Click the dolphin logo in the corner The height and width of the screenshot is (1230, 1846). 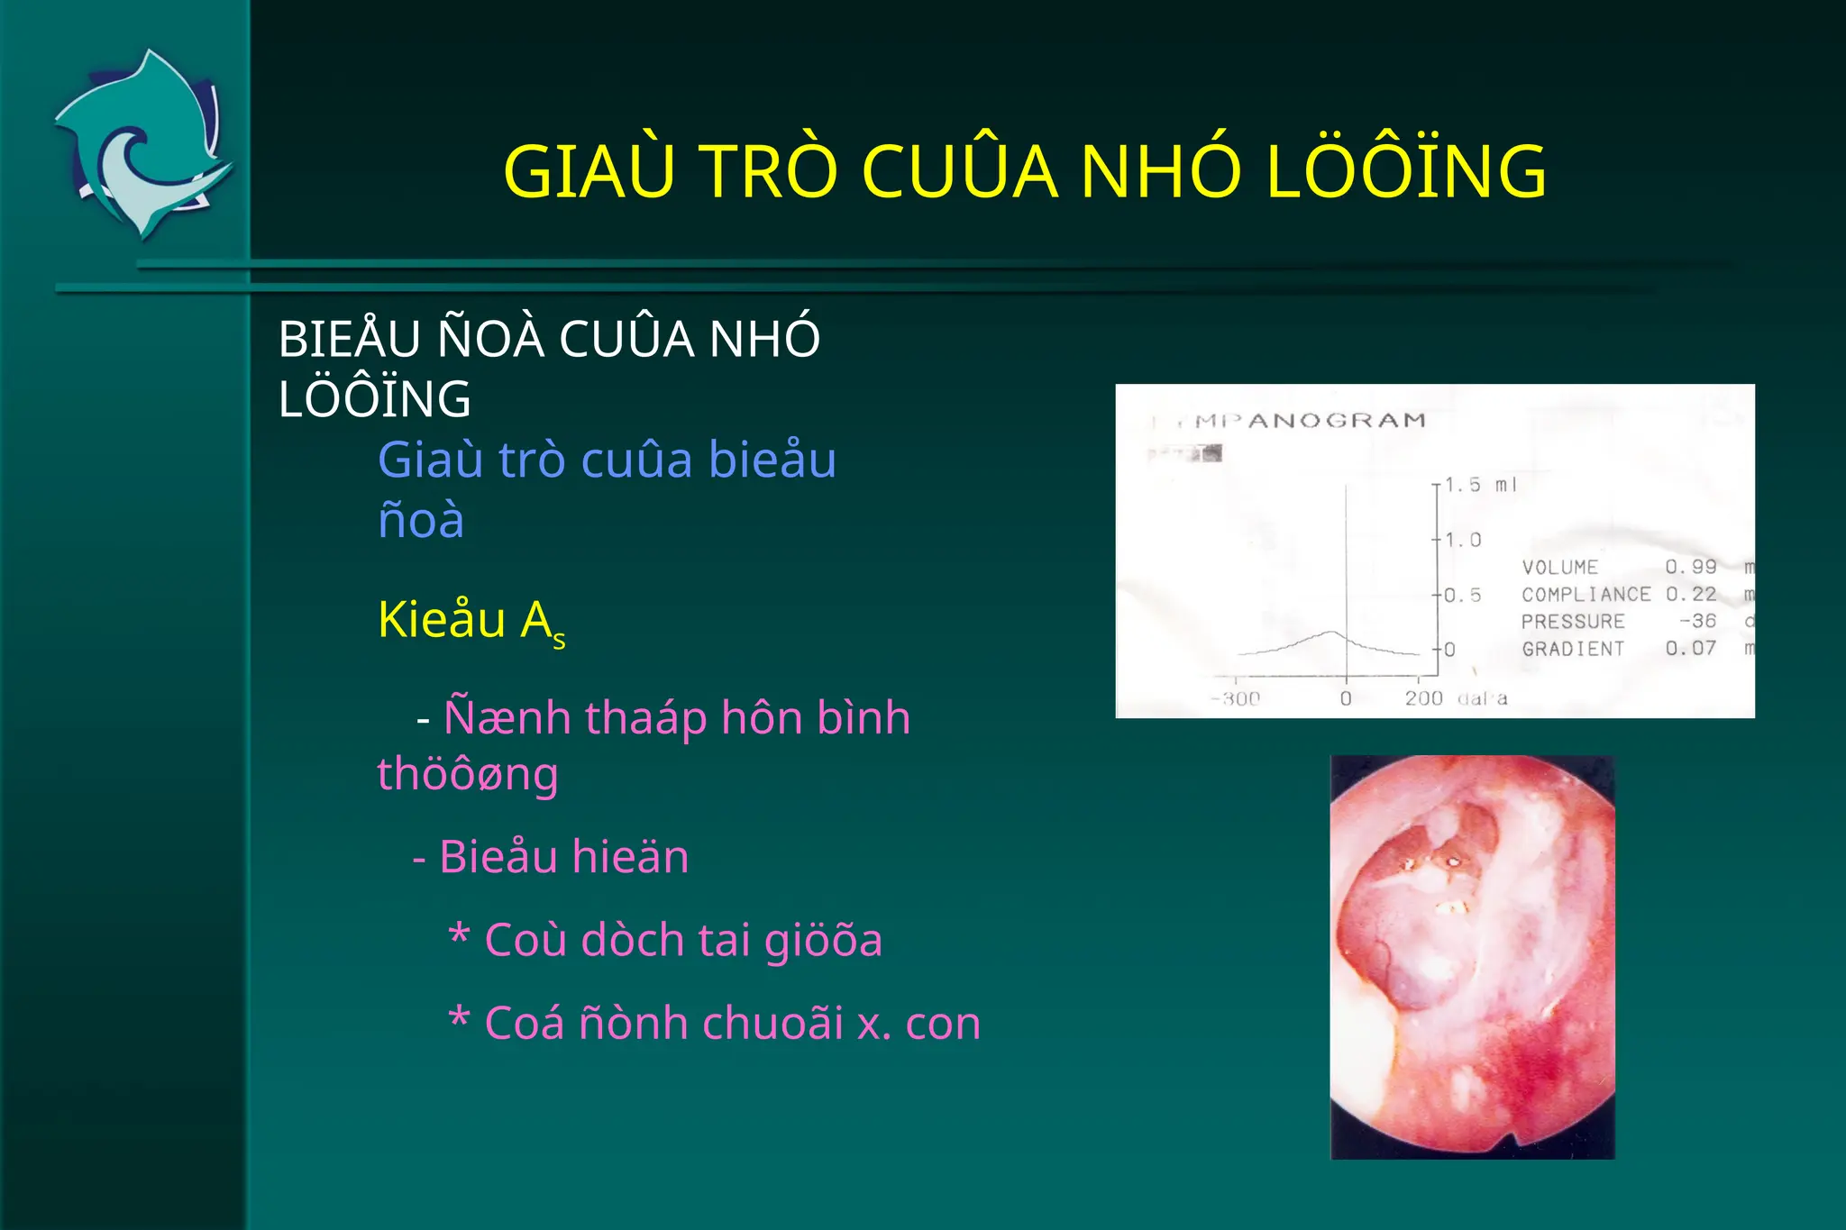144,144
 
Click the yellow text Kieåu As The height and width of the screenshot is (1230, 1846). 471,621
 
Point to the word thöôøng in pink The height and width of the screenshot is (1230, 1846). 467,774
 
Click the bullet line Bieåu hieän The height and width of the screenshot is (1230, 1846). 551,856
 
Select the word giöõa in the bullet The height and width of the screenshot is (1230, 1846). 823,940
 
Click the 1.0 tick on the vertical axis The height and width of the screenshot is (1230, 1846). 1463,540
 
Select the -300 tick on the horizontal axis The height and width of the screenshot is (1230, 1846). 1236,698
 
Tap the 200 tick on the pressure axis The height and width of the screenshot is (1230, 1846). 1423,698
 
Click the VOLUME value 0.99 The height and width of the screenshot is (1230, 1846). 1690,567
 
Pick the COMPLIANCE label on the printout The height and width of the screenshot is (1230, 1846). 1586,595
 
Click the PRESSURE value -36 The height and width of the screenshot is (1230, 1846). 1697,621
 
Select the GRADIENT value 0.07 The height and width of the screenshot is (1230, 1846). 1690,649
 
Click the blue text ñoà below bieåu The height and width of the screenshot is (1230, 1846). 421,521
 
